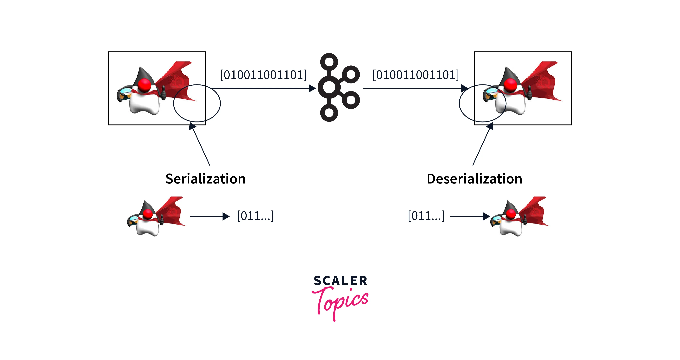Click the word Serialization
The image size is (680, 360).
pyautogui.click(x=205, y=179)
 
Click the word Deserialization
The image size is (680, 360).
pyautogui.click(x=474, y=179)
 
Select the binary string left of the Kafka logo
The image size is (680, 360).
pyautogui.click(x=263, y=75)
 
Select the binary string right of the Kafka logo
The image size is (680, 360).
pyautogui.click(x=415, y=75)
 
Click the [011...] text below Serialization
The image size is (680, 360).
pyautogui.click(x=255, y=216)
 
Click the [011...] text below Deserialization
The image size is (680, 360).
pyautogui.click(x=426, y=216)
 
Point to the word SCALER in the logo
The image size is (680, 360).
pyautogui.click(x=340, y=281)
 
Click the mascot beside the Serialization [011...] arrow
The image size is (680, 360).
pyautogui.click(x=156, y=217)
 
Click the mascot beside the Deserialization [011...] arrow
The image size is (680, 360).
pyautogui.click(x=519, y=217)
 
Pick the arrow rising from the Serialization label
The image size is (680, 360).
pyautogui.click(x=201, y=145)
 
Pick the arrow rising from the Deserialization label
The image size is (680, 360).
pyautogui.click(x=481, y=145)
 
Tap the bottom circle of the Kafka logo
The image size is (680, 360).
pyautogui.click(x=329, y=113)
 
